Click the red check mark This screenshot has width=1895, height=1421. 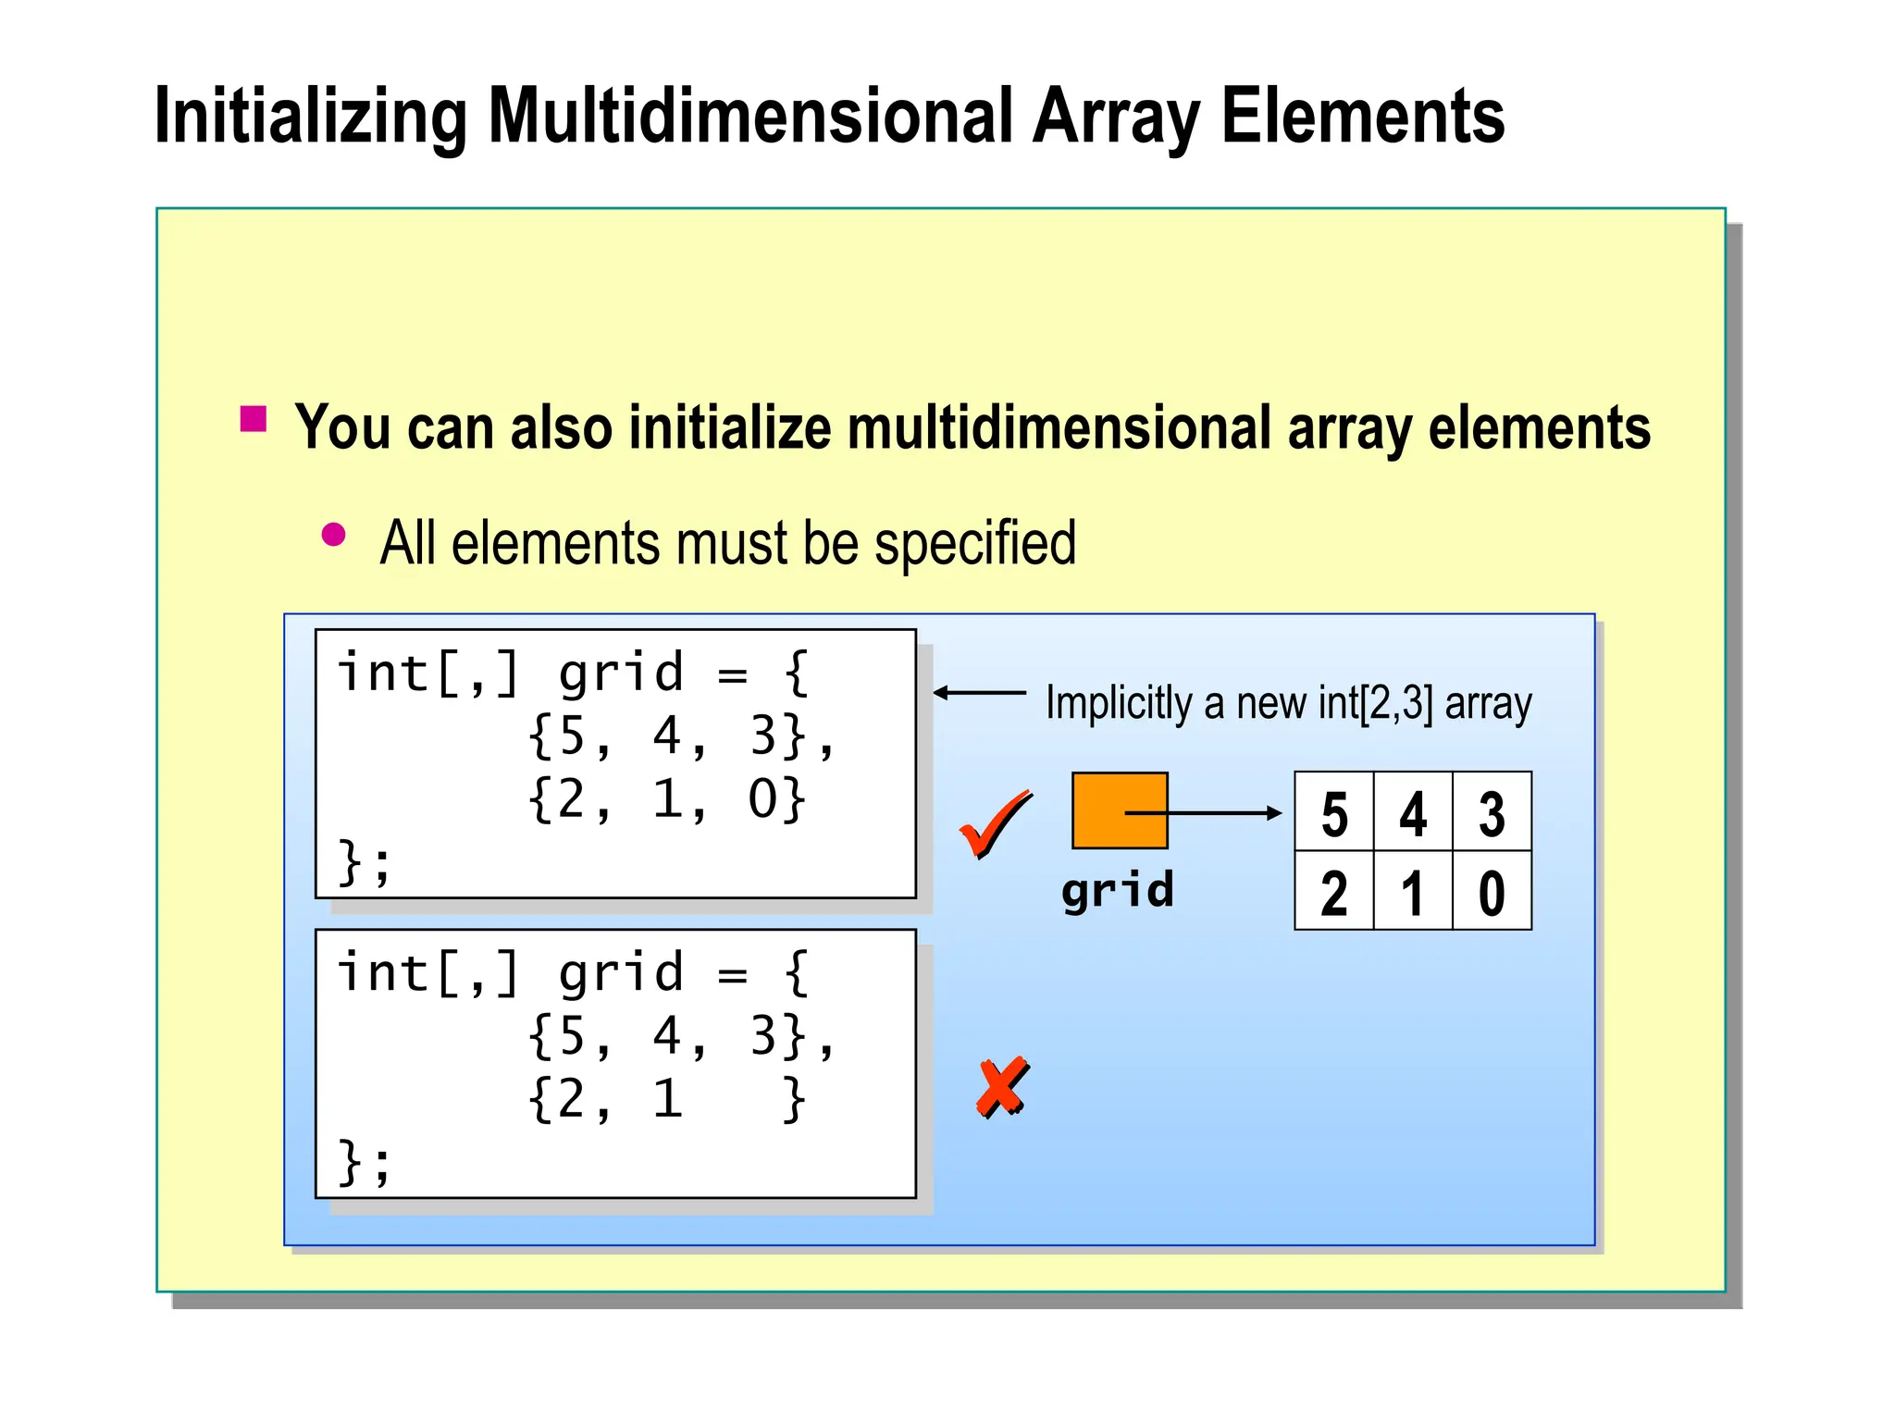pyautogui.click(x=995, y=824)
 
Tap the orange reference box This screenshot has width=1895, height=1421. pyautogui.click(x=1119, y=810)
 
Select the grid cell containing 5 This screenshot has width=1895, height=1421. pyautogui.click(x=1334, y=812)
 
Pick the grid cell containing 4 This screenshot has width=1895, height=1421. pyautogui.click(x=1413, y=812)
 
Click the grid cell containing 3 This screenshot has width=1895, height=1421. pyautogui.click(x=1492, y=812)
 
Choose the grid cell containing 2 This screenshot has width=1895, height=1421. pyautogui.click(x=1334, y=892)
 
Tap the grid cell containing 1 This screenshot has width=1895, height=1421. pyautogui.click(x=1413, y=892)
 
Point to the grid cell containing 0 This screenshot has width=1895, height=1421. pyautogui.click(x=1492, y=892)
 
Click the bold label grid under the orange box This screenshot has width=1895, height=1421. pyautogui.click(x=1118, y=890)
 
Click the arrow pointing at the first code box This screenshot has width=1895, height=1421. pyautogui.click(x=979, y=692)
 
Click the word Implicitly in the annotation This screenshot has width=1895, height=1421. pyautogui.click(x=1118, y=703)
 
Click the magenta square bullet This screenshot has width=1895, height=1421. pyautogui.click(x=253, y=419)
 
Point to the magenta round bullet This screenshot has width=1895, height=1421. pyautogui.click(x=333, y=535)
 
